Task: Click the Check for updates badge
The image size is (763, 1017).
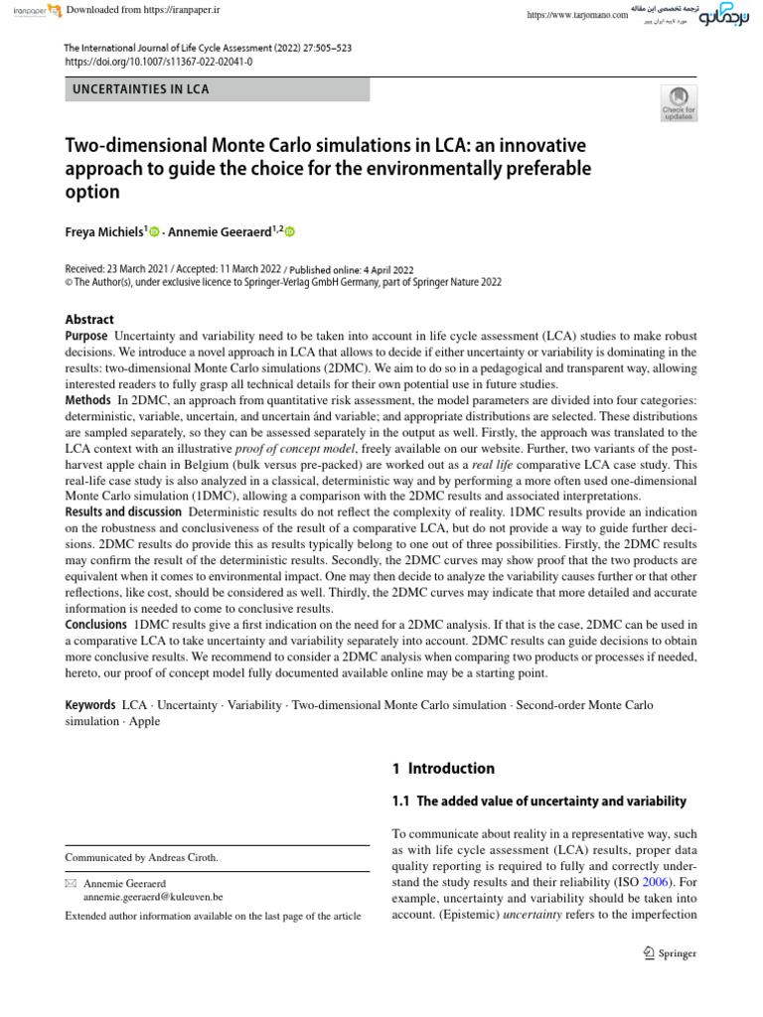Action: pyautogui.click(x=680, y=102)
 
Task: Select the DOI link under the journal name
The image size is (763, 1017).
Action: pyautogui.click(x=158, y=61)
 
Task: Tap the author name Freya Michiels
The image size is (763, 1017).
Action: pyautogui.click(x=103, y=231)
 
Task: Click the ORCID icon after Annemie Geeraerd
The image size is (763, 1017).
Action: pyautogui.click(x=290, y=231)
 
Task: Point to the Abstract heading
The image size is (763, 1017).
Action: pyautogui.click(x=89, y=319)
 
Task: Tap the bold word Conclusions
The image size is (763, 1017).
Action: pyautogui.click(x=95, y=624)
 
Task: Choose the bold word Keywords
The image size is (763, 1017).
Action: pyautogui.click(x=90, y=704)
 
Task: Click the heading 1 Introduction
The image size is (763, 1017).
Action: pyautogui.click(x=443, y=768)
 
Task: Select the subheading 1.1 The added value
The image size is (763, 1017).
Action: pyautogui.click(x=538, y=800)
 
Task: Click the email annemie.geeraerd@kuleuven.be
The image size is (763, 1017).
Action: pyautogui.click(x=153, y=896)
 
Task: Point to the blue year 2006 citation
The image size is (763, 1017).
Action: pyautogui.click(x=656, y=879)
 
